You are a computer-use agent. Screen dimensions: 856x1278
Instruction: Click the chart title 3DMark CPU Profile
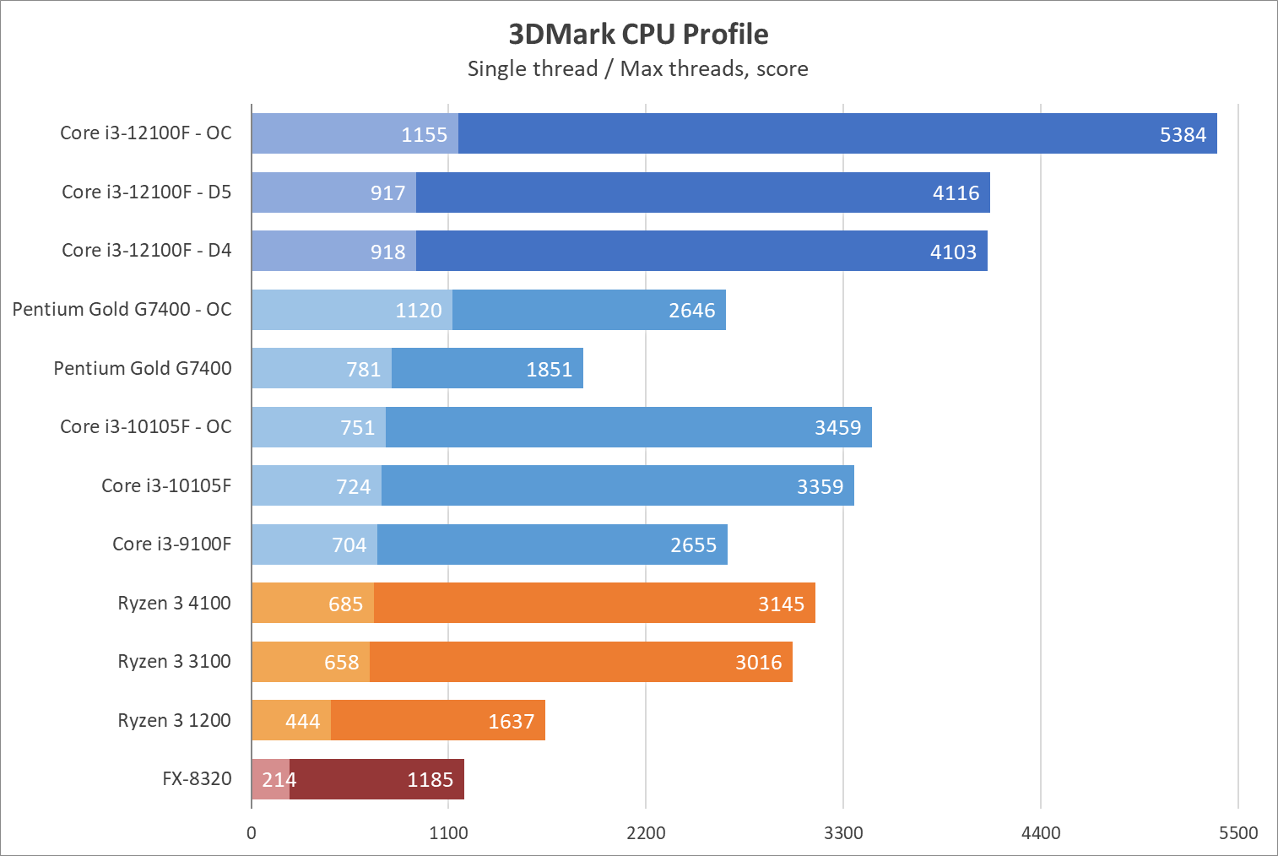click(638, 34)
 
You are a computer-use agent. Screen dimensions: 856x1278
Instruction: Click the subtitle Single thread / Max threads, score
click(638, 68)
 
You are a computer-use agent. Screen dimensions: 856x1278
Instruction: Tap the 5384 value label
click(1183, 134)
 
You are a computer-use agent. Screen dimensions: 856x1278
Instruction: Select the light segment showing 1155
click(355, 133)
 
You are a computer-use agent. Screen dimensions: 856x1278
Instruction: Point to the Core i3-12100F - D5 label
click(146, 192)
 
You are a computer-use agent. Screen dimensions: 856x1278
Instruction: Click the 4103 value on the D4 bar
click(953, 252)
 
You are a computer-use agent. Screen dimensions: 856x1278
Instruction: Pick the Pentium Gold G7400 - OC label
click(122, 309)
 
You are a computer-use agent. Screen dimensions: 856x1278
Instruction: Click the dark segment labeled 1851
click(487, 368)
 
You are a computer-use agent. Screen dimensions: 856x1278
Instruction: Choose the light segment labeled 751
click(318, 427)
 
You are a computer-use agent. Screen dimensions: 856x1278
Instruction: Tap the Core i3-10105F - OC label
click(145, 426)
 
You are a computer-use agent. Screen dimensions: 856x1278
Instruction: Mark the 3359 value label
click(820, 486)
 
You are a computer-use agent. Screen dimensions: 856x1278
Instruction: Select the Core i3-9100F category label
click(171, 544)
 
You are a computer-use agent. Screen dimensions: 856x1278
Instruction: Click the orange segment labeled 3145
click(594, 603)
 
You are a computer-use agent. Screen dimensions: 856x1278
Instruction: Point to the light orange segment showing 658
click(311, 662)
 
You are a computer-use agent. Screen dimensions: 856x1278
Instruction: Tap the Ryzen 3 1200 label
click(174, 720)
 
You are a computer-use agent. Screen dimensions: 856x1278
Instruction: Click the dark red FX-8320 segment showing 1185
click(376, 779)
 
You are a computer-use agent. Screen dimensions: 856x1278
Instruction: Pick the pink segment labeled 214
click(270, 779)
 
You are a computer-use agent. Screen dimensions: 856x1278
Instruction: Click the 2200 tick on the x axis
click(646, 833)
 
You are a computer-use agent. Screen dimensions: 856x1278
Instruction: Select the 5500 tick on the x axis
click(1238, 833)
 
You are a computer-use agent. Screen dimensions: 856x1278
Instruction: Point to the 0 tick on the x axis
click(252, 833)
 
